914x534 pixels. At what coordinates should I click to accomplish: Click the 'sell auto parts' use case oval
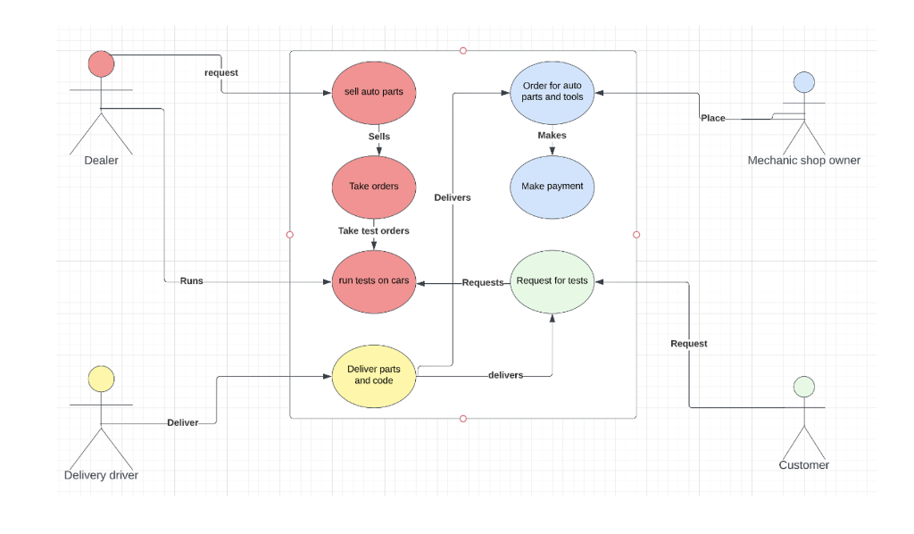[374, 92]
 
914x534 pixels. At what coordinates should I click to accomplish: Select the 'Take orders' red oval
[374, 187]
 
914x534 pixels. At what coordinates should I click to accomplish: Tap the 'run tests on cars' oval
[374, 281]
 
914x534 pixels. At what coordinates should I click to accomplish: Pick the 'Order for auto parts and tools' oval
[552, 92]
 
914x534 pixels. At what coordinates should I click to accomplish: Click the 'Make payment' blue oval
[552, 187]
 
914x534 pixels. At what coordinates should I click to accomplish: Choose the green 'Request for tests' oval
[552, 281]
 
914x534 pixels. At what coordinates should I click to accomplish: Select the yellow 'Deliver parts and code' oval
[374, 375]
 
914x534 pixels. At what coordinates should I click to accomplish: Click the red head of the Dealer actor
[102, 64]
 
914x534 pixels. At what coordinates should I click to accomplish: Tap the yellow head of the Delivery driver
[102, 379]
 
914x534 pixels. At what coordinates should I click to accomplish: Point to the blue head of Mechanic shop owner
[804, 83]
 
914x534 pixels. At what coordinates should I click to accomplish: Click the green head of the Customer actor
[804, 387]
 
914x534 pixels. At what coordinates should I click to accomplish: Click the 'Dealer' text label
[102, 161]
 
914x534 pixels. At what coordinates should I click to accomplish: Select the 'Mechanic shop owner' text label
[804, 161]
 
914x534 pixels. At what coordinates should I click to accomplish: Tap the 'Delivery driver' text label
[102, 475]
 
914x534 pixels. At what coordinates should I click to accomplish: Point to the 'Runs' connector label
[191, 280]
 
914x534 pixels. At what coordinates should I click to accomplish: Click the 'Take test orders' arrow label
[374, 230]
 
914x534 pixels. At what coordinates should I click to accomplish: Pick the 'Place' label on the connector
[713, 118]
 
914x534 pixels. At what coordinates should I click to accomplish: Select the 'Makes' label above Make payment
[552, 136]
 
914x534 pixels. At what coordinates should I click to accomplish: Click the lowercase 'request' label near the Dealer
[221, 72]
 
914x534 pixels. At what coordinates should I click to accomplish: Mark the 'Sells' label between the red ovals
[379, 137]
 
